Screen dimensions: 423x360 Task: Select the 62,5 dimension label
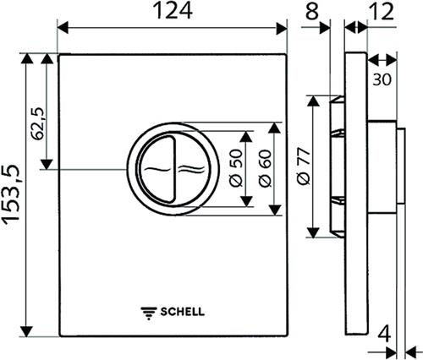[x=38, y=123]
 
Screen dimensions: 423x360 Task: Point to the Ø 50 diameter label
[x=236, y=168]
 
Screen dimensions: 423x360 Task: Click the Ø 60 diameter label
[x=265, y=168]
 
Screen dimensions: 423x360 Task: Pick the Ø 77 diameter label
[x=304, y=166]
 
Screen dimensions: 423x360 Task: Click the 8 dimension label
[x=312, y=11]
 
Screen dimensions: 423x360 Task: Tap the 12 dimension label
[x=382, y=11]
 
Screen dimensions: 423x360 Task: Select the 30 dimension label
[x=382, y=79]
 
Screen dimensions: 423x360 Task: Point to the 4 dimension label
[x=384, y=335]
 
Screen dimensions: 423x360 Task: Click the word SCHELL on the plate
[x=183, y=312]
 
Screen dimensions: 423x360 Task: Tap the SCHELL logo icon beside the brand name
[x=149, y=313]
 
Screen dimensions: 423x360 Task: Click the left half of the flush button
[x=157, y=169]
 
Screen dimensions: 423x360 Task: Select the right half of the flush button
[x=193, y=169]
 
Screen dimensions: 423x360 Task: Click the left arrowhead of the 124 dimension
[x=63, y=28]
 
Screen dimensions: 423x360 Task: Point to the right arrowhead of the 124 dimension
[x=282, y=28]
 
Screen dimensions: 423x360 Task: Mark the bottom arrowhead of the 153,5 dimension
[x=27, y=331]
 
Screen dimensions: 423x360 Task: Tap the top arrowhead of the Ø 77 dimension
[x=313, y=101]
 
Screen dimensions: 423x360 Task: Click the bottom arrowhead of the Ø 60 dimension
[x=275, y=210]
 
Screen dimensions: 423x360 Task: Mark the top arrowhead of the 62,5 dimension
[x=47, y=58]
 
